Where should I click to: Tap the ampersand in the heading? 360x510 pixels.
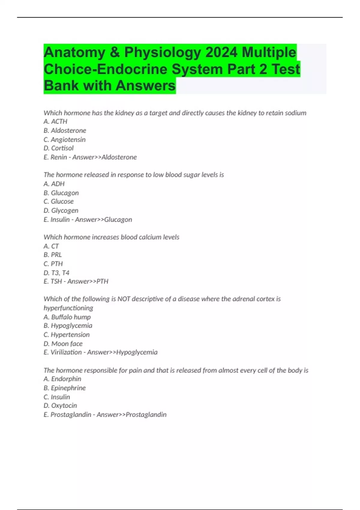tap(115, 52)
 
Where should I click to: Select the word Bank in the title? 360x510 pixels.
tap(61, 85)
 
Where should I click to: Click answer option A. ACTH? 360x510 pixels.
tap(55, 121)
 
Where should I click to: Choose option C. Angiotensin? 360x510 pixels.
tap(64, 139)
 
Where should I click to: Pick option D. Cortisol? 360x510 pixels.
tap(58, 148)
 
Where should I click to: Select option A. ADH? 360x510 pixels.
tap(54, 184)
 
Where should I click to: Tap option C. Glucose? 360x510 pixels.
tap(58, 202)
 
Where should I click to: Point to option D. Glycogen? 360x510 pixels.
tap(61, 211)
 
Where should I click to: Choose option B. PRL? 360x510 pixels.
tap(53, 255)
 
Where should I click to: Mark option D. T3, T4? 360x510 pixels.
tap(56, 273)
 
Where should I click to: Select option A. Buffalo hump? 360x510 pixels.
tap(67, 317)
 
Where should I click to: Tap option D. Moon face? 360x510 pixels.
tap(63, 344)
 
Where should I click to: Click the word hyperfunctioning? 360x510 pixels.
tap(68, 308)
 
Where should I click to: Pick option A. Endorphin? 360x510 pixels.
tap(62, 379)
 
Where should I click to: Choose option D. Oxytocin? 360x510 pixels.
tap(60, 406)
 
